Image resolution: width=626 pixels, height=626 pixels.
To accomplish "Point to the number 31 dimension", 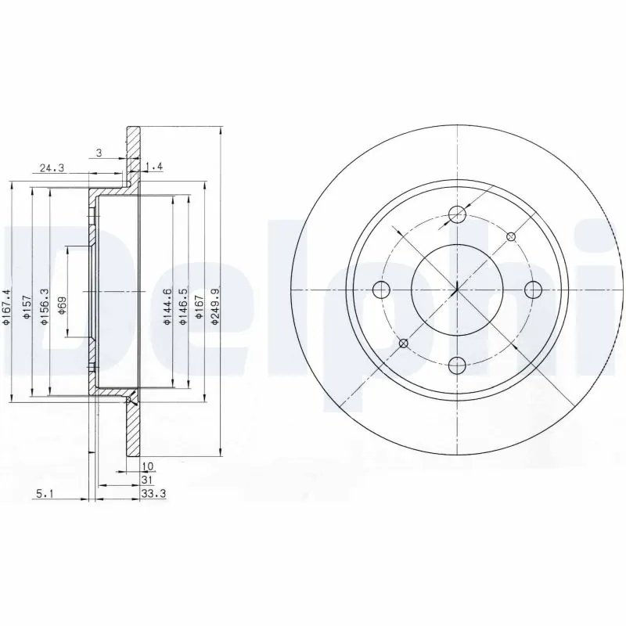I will coord(146,479).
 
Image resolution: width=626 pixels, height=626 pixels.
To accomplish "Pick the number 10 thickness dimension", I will coord(146,466).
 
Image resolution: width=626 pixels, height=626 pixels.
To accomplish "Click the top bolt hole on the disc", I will coord(458,215).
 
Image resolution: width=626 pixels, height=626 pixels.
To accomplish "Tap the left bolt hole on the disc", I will coord(382,290).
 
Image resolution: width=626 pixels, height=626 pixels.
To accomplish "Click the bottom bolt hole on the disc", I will coord(458,365).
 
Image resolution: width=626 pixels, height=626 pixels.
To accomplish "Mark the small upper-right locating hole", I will coord(511,236).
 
